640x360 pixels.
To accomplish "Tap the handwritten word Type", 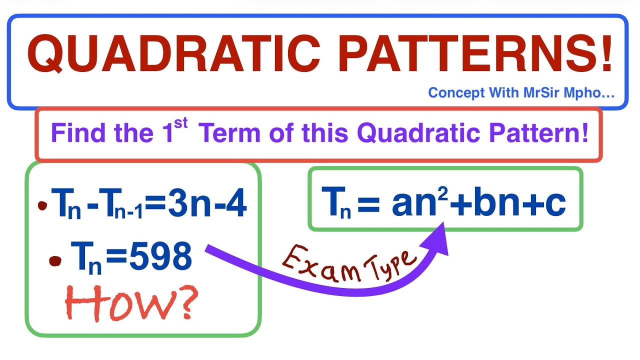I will tap(390, 263).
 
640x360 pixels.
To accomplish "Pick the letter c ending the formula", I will tap(555, 202).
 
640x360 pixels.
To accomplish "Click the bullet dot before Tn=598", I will tap(55, 260).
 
